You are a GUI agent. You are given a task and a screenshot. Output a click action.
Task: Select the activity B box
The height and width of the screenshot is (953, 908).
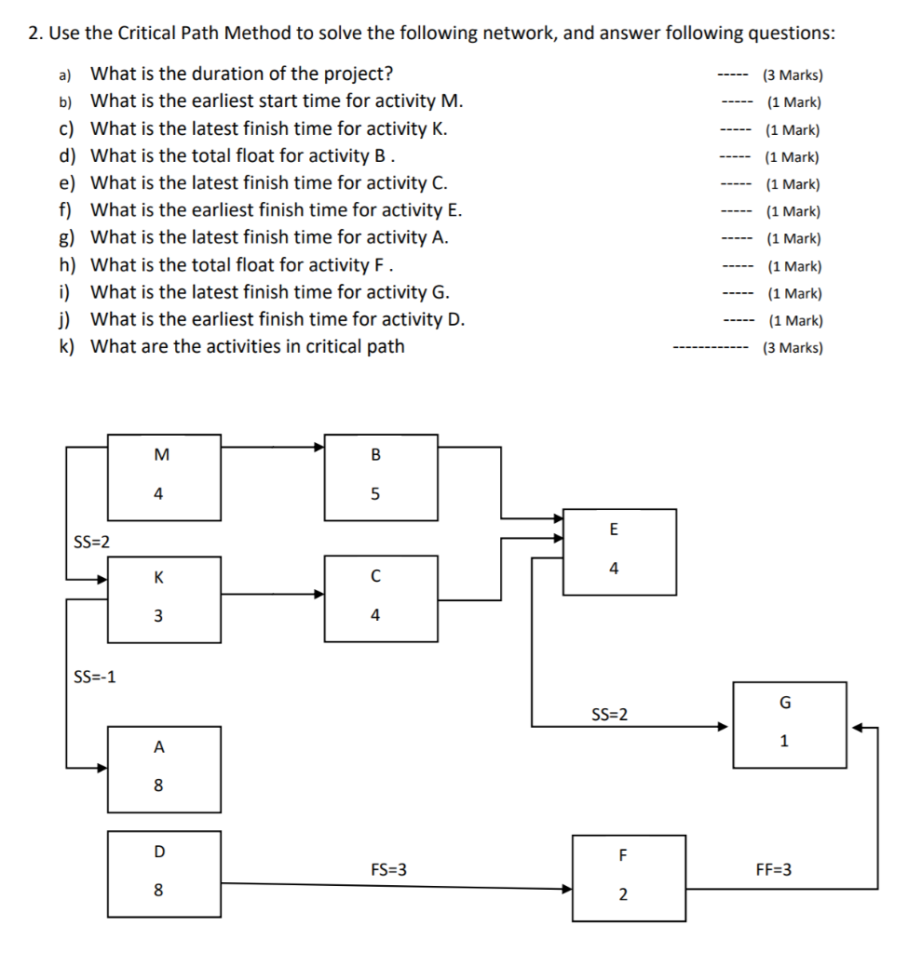pos(380,476)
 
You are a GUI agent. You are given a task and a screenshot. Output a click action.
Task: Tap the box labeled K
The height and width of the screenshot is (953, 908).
pos(164,598)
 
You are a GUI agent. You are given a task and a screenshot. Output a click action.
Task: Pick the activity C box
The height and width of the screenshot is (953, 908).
pos(380,598)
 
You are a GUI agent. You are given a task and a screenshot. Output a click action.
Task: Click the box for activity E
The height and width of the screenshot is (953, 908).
pos(619,551)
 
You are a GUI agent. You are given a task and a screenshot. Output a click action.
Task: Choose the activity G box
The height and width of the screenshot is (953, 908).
pos(789,724)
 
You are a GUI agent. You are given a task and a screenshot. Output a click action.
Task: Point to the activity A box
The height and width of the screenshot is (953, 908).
pos(164,769)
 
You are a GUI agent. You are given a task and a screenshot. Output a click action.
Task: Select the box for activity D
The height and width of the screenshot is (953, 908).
pos(164,873)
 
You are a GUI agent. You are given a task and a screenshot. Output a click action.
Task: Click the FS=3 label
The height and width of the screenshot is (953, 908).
pos(388,870)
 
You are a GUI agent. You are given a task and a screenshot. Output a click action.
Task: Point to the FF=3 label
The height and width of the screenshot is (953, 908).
pos(774,870)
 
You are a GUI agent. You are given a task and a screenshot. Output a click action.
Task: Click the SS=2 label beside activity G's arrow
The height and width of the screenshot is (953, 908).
pos(609,715)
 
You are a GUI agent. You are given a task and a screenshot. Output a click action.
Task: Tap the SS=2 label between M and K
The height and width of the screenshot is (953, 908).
pos(90,542)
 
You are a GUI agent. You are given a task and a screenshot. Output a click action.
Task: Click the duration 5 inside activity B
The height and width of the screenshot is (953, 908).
pos(375,494)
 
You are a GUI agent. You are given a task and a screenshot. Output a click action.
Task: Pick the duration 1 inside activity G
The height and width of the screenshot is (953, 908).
pos(784,742)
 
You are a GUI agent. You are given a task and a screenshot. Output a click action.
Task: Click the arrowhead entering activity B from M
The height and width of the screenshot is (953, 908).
pos(318,447)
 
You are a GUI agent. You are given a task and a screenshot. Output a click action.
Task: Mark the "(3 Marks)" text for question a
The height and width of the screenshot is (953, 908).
pos(793,75)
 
